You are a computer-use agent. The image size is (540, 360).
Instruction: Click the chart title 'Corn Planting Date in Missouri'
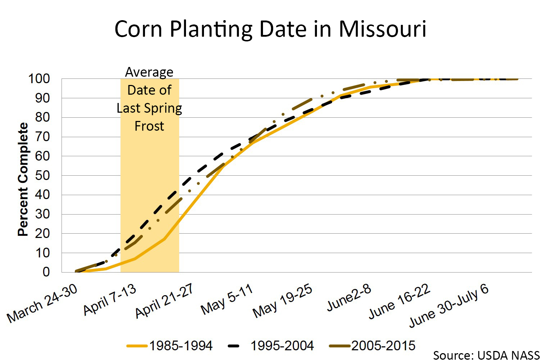[x=270, y=29]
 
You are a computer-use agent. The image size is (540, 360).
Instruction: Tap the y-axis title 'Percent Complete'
[x=23, y=179]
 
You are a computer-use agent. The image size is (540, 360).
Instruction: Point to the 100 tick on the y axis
[x=39, y=78]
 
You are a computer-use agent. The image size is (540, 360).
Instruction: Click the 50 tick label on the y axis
[x=42, y=175]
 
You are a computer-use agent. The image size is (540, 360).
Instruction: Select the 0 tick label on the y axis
[x=46, y=272]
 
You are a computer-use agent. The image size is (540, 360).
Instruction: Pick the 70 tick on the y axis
[x=42, y=137]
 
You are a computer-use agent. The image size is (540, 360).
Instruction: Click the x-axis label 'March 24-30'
[x=42, y=303]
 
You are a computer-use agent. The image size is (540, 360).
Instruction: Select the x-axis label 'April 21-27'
[x=164, y=301]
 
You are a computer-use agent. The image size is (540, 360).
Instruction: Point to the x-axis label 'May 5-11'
[x=227, y=299]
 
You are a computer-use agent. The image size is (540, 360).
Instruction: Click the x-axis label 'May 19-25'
[x=282, y=301]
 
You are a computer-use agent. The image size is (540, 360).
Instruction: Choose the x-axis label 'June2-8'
[x=349, y=297]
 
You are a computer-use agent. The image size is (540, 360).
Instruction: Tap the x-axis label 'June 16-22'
[x=400, y=301]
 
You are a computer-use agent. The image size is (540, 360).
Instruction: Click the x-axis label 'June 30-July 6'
[x=449, y=306]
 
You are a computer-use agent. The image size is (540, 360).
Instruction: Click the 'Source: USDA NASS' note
[x=486, y=355]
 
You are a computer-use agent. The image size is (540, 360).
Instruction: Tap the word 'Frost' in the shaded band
[x=149, y=126]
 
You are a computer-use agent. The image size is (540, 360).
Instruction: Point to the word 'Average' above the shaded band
[x=149, y=72]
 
